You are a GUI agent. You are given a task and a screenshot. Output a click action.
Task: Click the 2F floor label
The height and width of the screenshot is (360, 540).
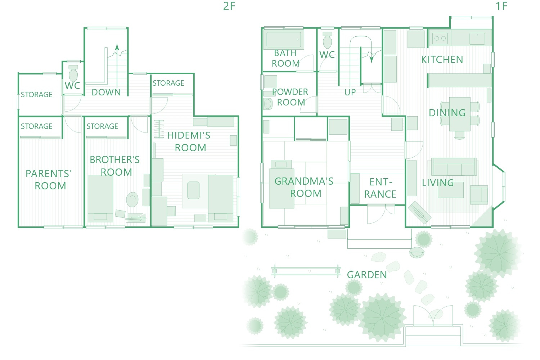[x=229, y=6]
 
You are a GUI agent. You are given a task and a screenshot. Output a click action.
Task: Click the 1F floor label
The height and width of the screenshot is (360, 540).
[x=501, y=6]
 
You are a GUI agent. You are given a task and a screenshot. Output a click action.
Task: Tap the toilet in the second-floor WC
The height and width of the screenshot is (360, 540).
[x=73, y=73]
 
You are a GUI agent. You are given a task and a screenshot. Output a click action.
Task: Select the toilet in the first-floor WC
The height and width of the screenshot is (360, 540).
[x=327, y=40]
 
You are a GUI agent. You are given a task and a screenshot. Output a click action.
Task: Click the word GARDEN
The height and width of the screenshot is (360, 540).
[x=367, y=275]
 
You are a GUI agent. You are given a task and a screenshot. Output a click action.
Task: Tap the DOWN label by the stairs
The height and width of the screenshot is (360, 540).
[x=106, y=92]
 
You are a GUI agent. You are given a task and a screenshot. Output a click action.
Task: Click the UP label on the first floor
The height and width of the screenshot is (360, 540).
[x=350, y=92]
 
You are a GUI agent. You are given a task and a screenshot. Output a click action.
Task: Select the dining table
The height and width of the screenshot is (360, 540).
[x=460, y=114]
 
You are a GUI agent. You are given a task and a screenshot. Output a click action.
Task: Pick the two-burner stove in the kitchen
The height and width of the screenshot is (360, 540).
[x=440, y=38]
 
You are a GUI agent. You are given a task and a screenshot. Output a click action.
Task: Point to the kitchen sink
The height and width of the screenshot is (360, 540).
[x=477, y=39]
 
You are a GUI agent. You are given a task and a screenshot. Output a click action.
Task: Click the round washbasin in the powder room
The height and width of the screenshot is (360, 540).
[x=267, y=104]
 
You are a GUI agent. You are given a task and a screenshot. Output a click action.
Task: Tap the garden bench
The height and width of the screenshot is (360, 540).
[x=306, y=271]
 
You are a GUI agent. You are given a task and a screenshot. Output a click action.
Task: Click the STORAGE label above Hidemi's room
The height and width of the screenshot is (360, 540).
[x=168, y=83]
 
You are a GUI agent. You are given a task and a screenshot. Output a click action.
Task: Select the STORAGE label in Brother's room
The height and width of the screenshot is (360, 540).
[x=102, y=126]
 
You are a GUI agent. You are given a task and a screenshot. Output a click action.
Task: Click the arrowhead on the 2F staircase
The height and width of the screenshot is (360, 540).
[x=117, y=47]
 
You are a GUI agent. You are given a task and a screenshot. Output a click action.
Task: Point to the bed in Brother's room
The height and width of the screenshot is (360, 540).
[x=100, y=198]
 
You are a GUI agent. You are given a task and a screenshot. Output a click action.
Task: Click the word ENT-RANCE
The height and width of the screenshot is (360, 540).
[x=380, y=188]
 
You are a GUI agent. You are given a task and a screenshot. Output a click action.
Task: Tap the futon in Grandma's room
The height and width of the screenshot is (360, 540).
[x=281, y=184]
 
